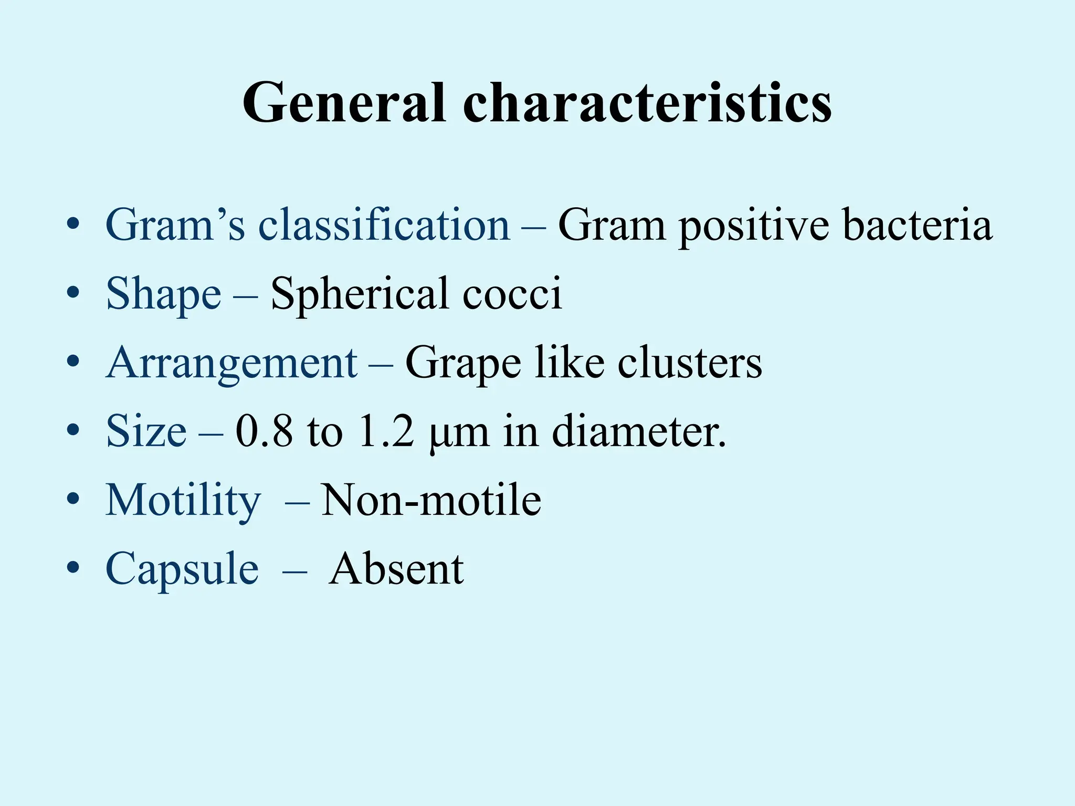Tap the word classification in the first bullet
pos(384,225)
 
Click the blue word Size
pos(146,431)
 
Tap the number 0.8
pos(264,431)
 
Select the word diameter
pos(638,431)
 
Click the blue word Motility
pos(183,501)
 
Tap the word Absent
pos(396,569)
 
